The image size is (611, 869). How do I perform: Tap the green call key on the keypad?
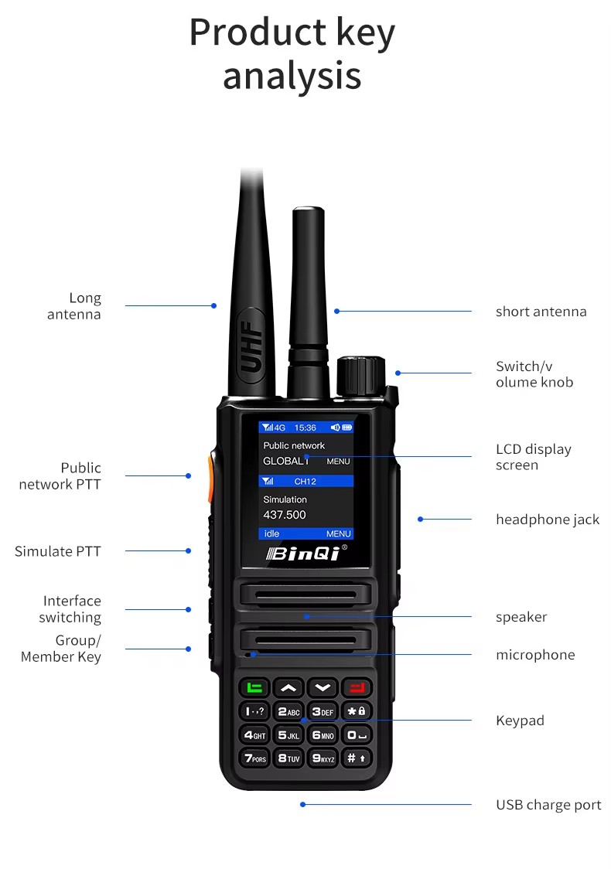click(254, 687)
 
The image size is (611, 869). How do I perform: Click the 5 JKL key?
click(288, 735)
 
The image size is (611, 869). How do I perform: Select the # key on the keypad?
click(356, 758)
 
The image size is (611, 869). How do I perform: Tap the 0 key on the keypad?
click(356, 735)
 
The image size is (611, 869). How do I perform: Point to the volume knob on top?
click(361, 377)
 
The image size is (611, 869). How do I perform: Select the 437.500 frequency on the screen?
click(285, 515)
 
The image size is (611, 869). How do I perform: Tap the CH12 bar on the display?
click(305, 482)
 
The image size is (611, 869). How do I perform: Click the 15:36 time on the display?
click(305, 428)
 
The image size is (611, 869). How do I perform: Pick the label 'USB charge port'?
click(548, 805)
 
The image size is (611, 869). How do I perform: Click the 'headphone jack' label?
click(548, 520)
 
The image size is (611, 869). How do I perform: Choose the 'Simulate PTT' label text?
click(58, 551)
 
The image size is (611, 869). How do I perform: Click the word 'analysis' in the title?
click(292, 77)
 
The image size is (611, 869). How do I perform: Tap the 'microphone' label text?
click(535, 655)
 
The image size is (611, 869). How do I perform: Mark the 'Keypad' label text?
click(520, 721)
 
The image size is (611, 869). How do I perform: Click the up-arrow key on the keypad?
click(288, 687)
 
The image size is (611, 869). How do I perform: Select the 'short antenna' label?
click(541, 312)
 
